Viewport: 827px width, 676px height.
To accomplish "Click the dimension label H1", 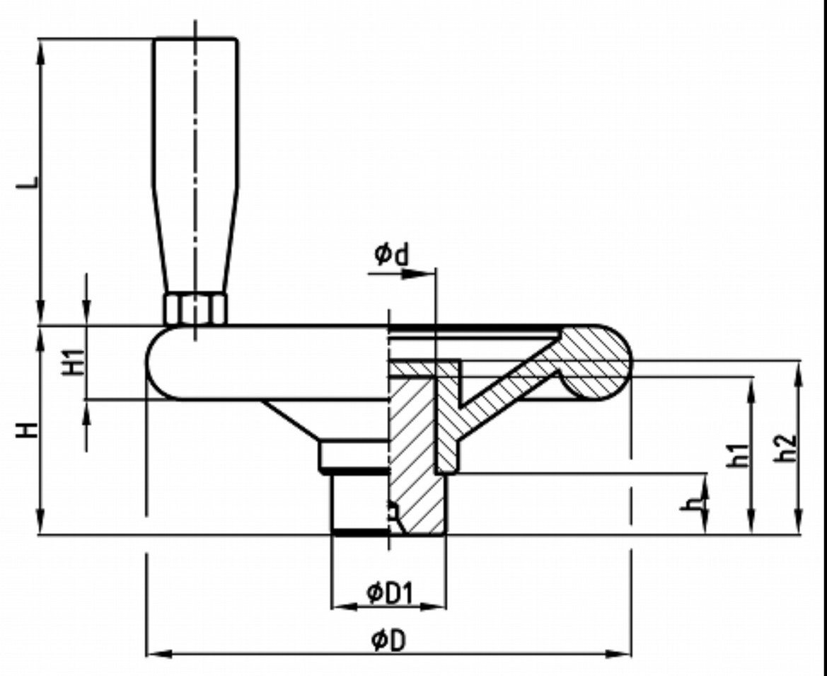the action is coord(74,362).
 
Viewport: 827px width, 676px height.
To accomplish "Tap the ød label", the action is coord(391,254).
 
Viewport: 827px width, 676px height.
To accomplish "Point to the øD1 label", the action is coord(388,593).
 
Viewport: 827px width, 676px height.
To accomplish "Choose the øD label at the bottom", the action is coord(388,640).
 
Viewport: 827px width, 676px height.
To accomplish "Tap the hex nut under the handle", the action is coord(195,309).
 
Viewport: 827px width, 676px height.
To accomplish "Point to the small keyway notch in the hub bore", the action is coord(393,511).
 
